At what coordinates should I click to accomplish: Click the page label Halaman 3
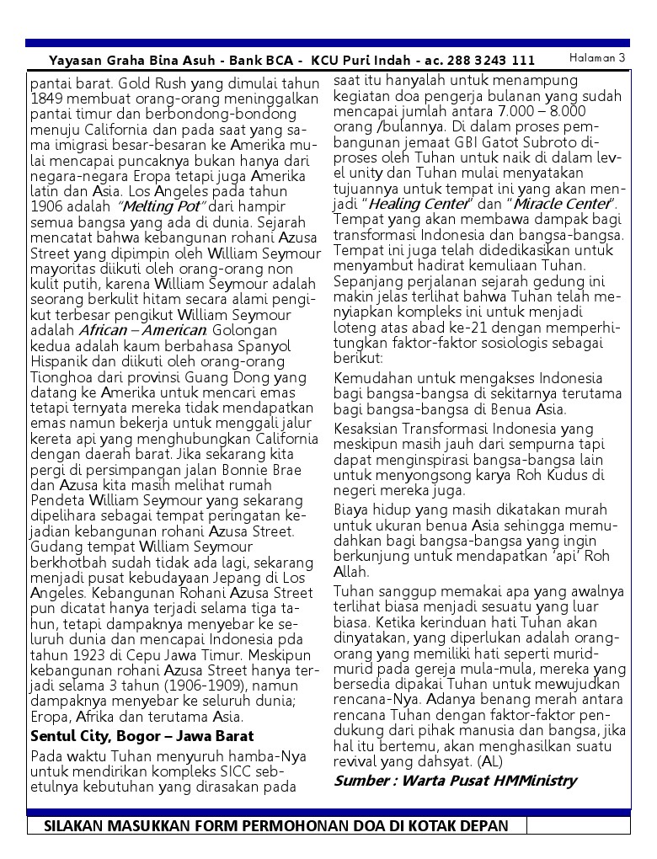tap(597, 58)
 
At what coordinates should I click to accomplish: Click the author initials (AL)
tap(491, 761)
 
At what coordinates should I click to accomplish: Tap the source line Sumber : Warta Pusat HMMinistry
tap(455, 781)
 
